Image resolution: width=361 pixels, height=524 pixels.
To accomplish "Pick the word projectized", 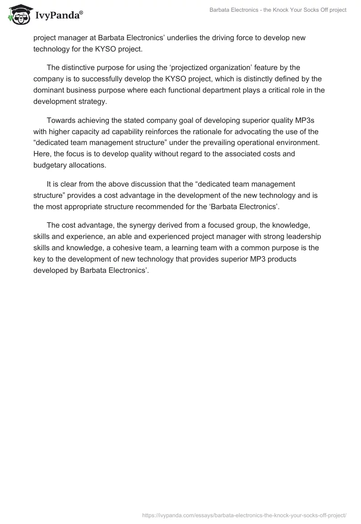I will pyautogui.click(x=182, y=68).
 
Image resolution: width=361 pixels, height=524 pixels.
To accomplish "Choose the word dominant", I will pyautogui.click(x=51, y=89).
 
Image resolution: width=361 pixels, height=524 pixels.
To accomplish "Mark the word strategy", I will pyautogui.click(x=93, y=101).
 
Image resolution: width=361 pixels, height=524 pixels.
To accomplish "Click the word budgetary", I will pyautogui.click(x=51, y=164).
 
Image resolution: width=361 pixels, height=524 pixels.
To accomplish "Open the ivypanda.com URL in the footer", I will pyautogui.click(x=244, y=515).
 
